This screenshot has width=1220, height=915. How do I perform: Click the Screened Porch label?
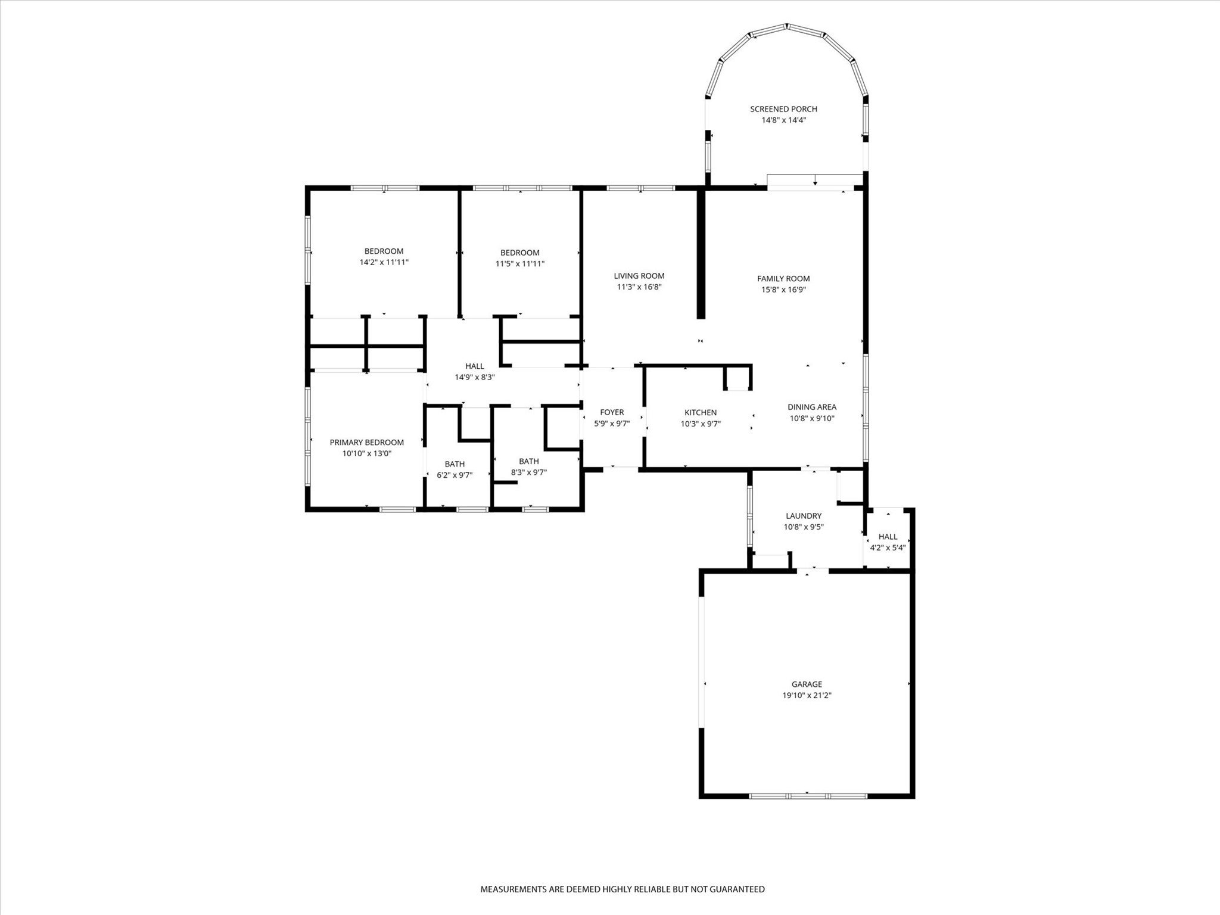(783, 109)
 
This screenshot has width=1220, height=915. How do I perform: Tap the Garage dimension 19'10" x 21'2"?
(807, 695)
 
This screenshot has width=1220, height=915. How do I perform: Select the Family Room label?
(783, 278)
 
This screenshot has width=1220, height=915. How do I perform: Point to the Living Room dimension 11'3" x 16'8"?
(639, 287)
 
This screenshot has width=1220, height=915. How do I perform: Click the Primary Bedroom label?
(366, 442)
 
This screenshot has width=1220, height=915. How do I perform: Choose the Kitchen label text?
(700, 412)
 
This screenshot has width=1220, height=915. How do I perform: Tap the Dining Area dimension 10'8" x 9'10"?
(812, 418)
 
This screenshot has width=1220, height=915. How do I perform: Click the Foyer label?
(612, 412)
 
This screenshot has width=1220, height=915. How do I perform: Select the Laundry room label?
(804, 516)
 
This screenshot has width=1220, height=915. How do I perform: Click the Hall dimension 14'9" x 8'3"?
(475, 377)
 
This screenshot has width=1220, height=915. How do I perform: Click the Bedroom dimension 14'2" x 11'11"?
(384, 262)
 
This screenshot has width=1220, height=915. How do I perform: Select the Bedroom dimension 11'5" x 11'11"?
(519, 263)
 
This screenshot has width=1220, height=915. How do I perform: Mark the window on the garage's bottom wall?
(807, 796)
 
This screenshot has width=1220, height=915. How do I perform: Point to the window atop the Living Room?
(640, 188)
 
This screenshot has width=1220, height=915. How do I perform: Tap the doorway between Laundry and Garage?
(813, 571)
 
